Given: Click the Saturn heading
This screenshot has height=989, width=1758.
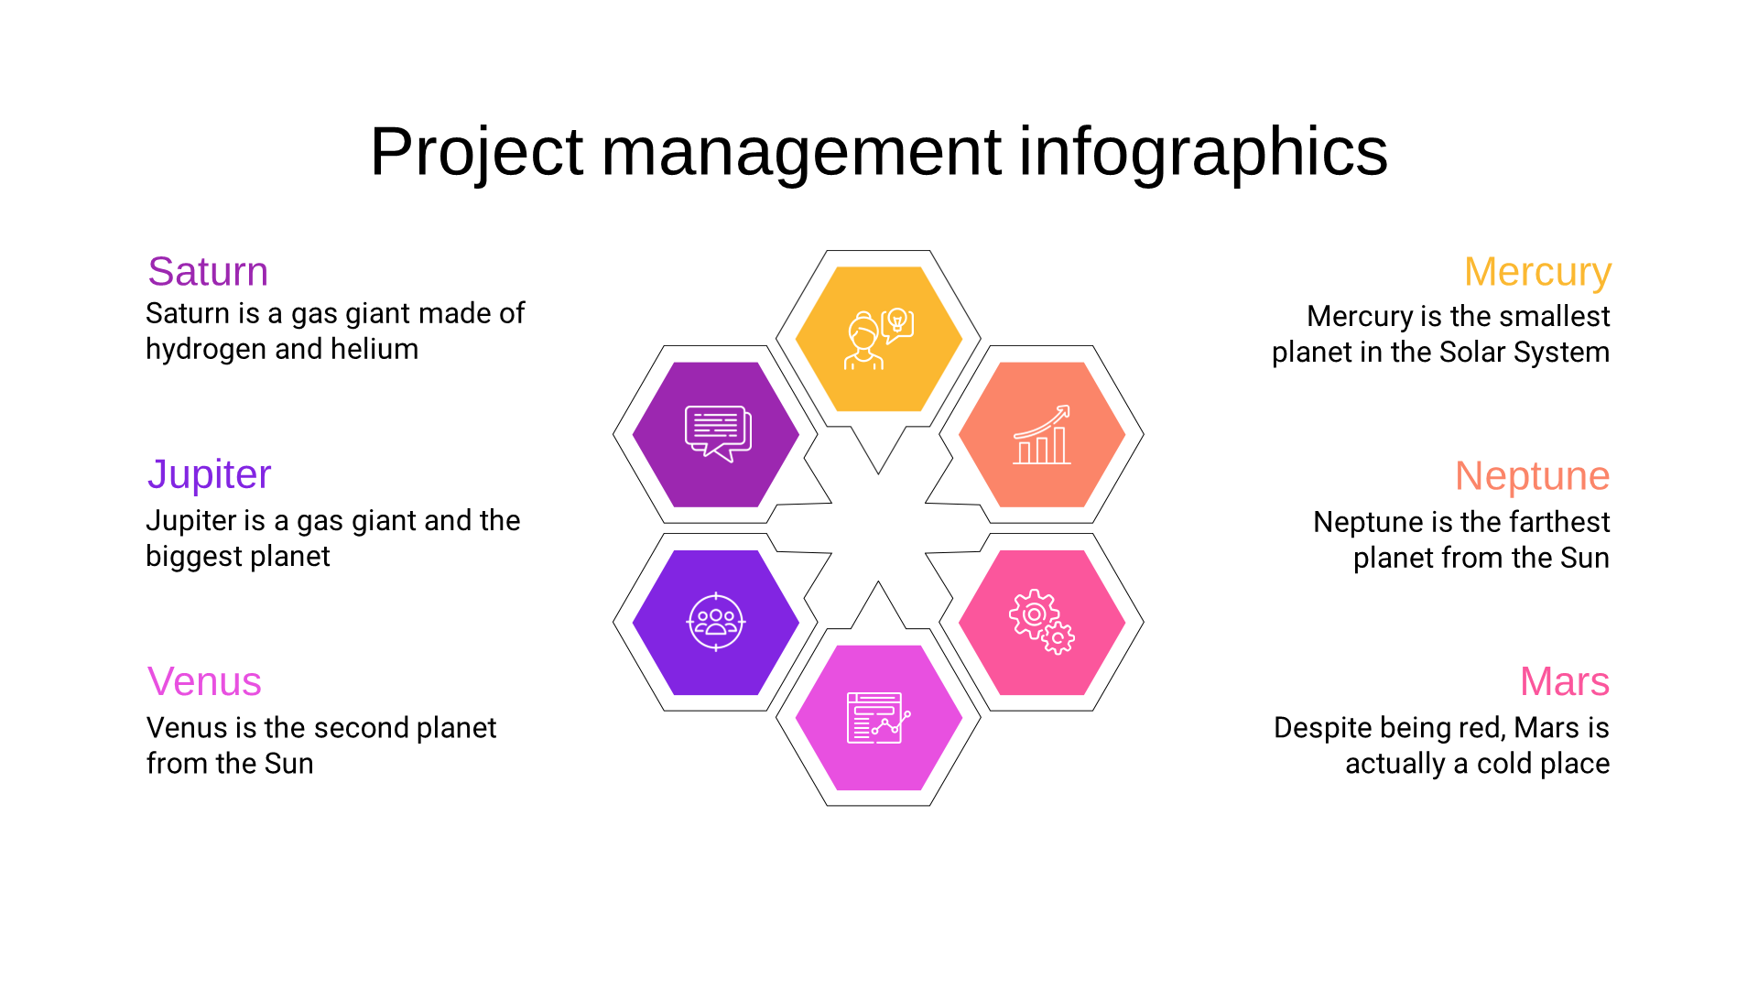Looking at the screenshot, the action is (x=208, y=272).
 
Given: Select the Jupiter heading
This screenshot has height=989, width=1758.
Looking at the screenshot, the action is (x=209, y=475).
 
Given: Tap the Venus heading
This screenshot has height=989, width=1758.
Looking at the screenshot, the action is (x=204, y=682).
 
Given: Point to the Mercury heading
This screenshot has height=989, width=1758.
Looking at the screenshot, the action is (x=1537, y=273).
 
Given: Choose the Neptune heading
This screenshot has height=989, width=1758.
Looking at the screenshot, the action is (x=1532, y=476).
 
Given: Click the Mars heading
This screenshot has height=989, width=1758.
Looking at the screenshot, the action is (x=1565, y=682).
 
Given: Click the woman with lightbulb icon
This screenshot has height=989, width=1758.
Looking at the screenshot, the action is (x=878, y=339).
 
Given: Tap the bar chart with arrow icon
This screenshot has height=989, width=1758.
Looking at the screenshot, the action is (x=1042, y=435).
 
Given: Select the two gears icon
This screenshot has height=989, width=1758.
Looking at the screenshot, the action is (x=1042, y=622).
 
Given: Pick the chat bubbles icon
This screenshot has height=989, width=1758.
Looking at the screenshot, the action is (x=718, y=433).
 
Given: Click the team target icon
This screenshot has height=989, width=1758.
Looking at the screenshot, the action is (x=716, y=622).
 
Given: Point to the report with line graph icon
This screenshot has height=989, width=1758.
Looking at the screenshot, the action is (x=878, y=718).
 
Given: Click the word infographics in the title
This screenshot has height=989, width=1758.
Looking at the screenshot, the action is (x=1203, y=152).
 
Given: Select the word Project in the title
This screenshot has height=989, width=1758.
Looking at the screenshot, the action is (x=476, y=152).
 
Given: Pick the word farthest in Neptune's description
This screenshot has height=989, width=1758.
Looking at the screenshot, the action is (x=1559, y=522).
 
